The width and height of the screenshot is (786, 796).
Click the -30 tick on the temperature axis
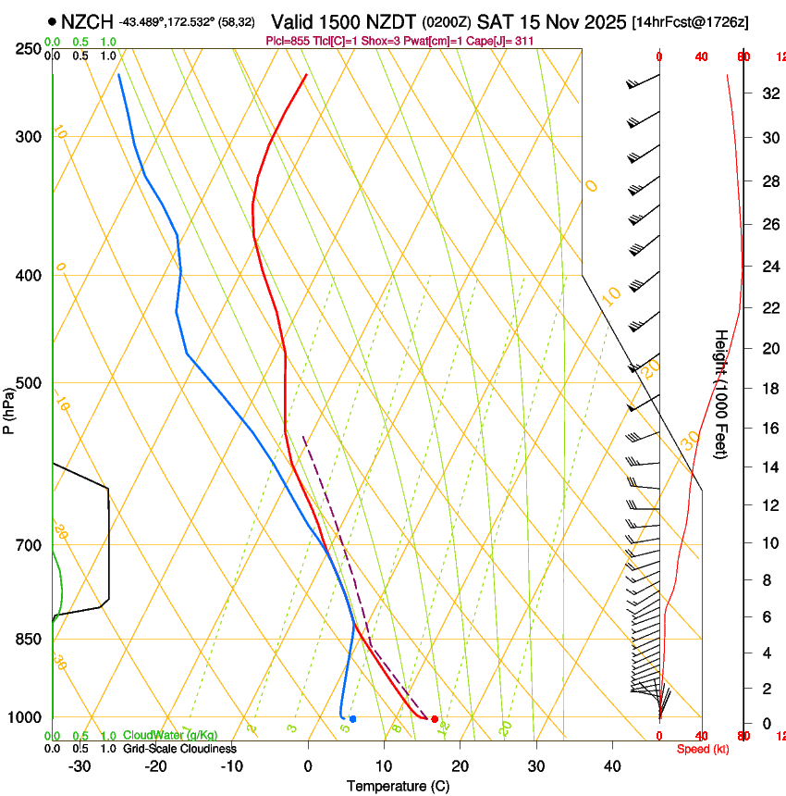coord(80,766)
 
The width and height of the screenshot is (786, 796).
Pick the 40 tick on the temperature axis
coord(612,766)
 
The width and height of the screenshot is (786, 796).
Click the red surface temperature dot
coord(435,719)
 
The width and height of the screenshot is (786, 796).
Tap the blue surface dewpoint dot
coord(352,719)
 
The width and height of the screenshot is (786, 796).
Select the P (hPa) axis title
coord(9,407)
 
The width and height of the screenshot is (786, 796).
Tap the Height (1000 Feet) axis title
coord(721,393)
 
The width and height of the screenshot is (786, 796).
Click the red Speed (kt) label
coord(703,749)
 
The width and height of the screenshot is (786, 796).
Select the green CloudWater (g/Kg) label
coord(171,736)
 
